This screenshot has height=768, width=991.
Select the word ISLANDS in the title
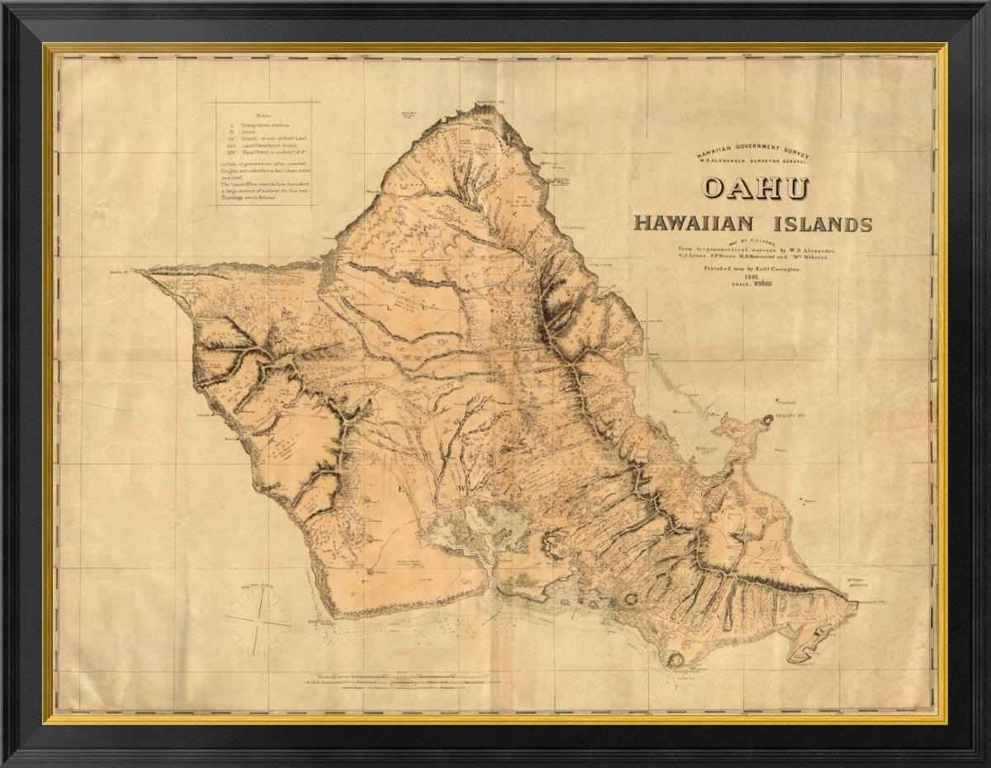[822, 224]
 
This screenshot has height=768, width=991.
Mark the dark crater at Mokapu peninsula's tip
[768, 420]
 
